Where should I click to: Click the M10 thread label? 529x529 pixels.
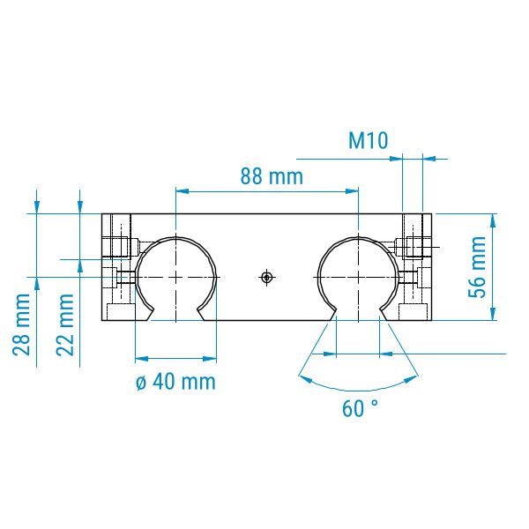pos(368,140)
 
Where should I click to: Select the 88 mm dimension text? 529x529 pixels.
pos(272,176)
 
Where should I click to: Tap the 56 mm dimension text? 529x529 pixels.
pos(477,267)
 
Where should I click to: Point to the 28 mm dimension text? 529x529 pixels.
pos(21,324)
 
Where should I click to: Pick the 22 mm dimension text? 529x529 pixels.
pos(64,324)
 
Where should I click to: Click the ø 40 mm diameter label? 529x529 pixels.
pos(175,382)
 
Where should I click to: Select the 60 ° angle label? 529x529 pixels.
pos(360,408)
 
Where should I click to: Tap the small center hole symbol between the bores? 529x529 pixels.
pos(267,278)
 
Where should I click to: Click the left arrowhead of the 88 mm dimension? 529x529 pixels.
pos(182,191)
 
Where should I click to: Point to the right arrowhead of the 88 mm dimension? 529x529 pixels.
pos(352,191)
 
